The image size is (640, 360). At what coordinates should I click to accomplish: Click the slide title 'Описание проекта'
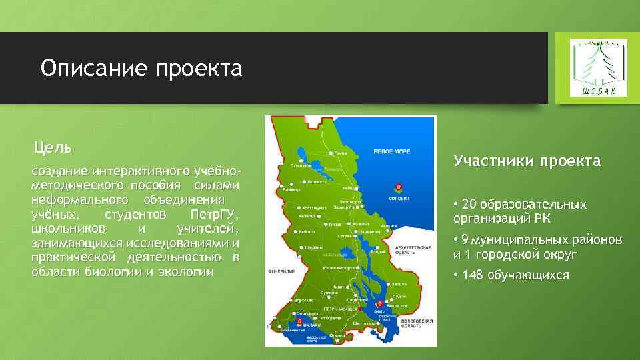[x=141, y=68]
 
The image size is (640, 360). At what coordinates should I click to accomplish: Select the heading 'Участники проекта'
[x=527, y=161]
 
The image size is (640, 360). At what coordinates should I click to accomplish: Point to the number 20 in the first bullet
[x=471, y=204]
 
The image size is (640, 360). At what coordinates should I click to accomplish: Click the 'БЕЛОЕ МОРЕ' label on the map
[x=391, y=151]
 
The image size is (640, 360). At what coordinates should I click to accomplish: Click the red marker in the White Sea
[x=398, y=186]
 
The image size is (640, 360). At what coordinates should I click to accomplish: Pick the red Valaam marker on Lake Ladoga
[x=299, y=321]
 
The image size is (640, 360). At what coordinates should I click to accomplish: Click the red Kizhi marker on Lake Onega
[x=379, y=304]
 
